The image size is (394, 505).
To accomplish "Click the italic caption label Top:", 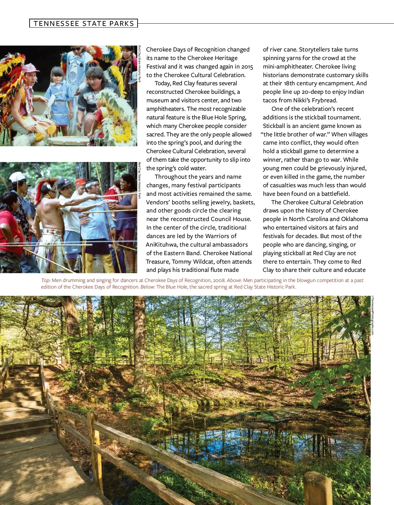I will click(x=46, y=280).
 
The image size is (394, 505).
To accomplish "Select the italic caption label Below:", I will click(x=147, y=287).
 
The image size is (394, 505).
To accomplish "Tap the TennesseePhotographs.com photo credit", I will click(x=372, y=315).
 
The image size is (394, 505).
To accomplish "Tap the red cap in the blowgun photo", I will click(x=80, y=181).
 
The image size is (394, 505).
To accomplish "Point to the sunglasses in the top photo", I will click(x=76, y=49).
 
